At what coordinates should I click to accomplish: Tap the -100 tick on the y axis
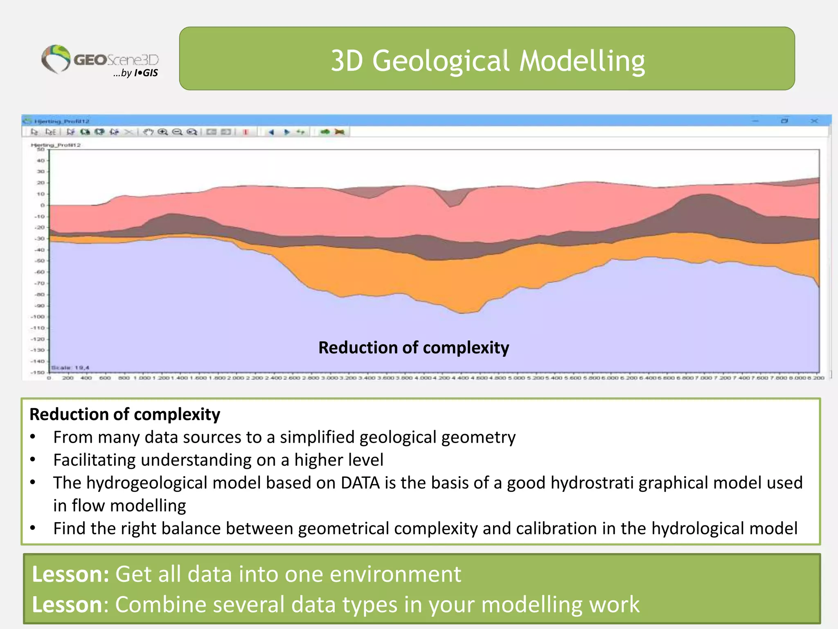click(x=38, y=317)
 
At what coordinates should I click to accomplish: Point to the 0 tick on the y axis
click(x=42, y=205)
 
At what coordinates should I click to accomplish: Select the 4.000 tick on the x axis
click(x=423, y=378)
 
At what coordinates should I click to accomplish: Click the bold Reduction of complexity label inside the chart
click(x=414, y=348)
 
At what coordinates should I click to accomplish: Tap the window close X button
click(x=814, y=121)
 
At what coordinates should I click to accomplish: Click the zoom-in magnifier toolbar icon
click(x=163, y=132)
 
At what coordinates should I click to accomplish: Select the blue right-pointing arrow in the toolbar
click(x=286, y=132)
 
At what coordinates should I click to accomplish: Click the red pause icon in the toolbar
click(x=246, y=132)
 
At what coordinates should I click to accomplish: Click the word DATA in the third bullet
click(x=360, y=483)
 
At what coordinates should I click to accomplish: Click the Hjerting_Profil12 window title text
click(x=61, y=121)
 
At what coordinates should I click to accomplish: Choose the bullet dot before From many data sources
click(x=33, y=437)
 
